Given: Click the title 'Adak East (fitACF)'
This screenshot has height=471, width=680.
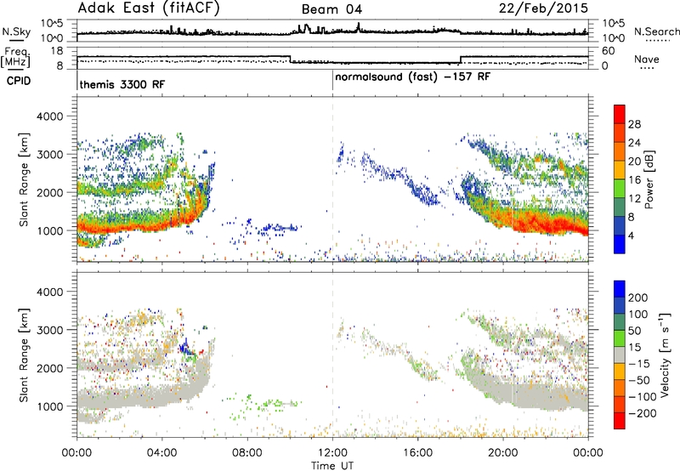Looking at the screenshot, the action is tap(148, 9).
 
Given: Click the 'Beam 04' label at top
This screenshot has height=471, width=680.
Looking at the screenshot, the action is tap(331, 9).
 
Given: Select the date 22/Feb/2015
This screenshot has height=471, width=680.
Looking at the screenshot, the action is tap(543, 9).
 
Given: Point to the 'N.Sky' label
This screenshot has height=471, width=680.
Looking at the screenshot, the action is tap(16, 31).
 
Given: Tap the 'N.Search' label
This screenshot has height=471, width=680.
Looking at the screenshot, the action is tap(656, 31).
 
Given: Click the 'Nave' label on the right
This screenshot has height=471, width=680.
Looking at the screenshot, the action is tap(647, 59).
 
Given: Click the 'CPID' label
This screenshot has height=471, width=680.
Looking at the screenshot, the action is tap(19, 81).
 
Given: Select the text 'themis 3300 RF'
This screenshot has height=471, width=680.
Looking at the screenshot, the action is tap(122, 84).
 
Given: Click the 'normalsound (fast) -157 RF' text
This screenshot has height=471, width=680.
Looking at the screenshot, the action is tap(413, 77).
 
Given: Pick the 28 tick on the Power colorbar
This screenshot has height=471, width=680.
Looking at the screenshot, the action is tap(634, 124).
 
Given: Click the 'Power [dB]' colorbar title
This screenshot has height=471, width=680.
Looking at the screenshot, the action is tap(649, 179).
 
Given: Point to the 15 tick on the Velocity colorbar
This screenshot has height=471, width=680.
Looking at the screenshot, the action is tap(634, 348).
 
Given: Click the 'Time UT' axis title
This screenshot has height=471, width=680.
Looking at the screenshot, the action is tap(332, 466).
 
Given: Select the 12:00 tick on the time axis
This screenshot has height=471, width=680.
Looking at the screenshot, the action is tap(332, 453).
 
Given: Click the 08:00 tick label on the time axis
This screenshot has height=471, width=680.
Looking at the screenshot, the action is tap(247, 453).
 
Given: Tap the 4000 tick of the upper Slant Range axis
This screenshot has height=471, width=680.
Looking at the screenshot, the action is tap(49, 116).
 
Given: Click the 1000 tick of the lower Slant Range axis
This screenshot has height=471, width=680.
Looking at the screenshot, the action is tap(49, 406).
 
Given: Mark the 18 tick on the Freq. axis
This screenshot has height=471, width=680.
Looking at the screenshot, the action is tap(57, 51).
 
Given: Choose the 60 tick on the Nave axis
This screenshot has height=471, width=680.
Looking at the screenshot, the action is tap(609, 51).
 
